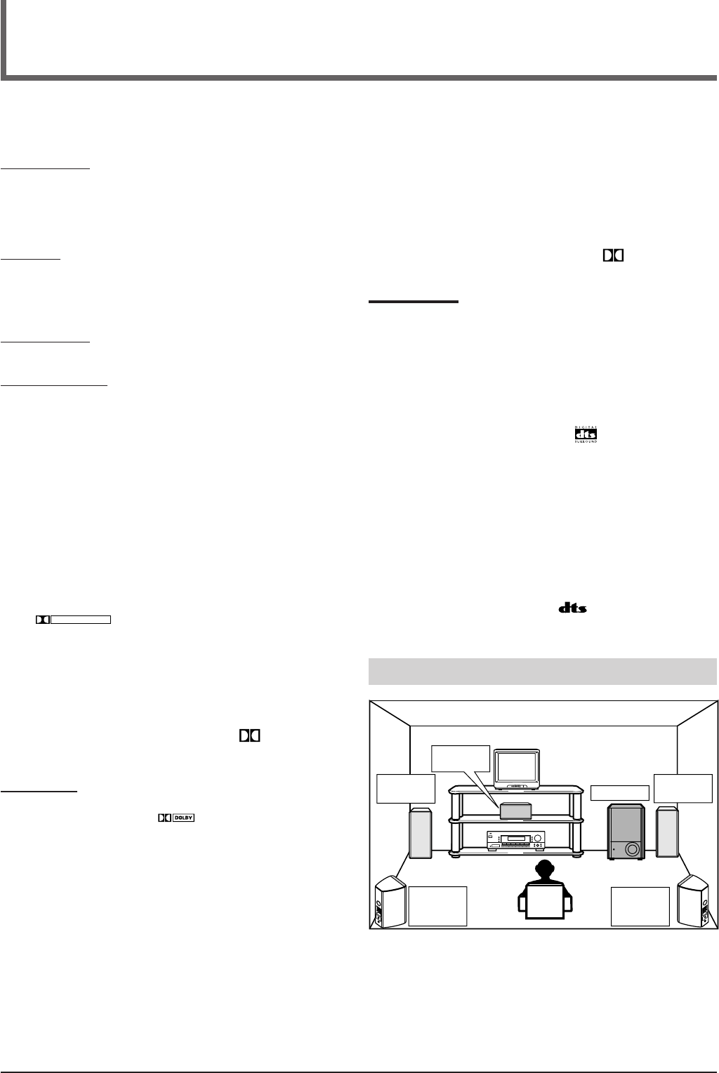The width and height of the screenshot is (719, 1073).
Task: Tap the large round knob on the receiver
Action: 539,838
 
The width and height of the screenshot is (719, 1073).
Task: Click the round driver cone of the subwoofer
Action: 631,850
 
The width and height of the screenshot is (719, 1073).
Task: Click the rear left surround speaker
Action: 388,902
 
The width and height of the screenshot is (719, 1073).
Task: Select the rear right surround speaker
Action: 697,902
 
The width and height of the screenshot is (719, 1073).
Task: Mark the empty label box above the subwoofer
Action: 619,792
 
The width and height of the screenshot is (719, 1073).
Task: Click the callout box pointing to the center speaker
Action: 461,759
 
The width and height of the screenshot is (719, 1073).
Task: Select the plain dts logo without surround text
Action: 573,608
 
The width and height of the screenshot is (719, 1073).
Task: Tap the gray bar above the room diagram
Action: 542,670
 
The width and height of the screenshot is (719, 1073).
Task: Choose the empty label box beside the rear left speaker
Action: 438,906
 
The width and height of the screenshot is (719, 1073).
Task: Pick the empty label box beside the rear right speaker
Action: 640,906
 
